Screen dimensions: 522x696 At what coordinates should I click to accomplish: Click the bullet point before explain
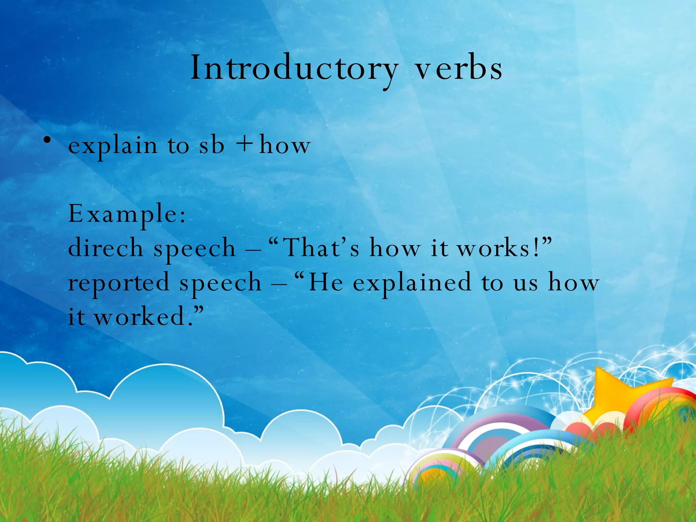tap(48, 140)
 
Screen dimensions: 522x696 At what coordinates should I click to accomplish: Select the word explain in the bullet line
tap(113, 146)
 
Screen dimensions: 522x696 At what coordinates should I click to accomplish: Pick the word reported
tap(119, 283)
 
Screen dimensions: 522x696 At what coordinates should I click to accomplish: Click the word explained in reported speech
tap(412, 283)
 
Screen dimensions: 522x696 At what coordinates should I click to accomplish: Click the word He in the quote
tap(326, 283)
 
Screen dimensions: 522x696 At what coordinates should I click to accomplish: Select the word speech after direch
tap(194, 248)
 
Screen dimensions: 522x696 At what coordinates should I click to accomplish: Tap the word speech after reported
tap(221, 283)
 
